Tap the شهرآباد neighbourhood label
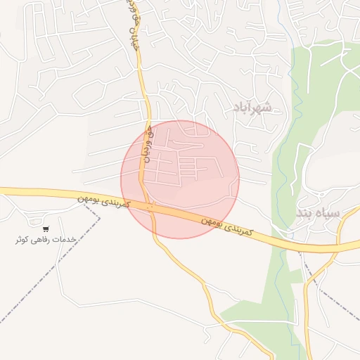coord(251,107)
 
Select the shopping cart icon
coord(46,229)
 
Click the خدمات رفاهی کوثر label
coord(46,239)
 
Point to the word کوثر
coord(23,239)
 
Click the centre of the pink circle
coord(180,179)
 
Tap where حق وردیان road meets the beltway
coord(150,205)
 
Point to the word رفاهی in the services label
coord(44,239)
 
